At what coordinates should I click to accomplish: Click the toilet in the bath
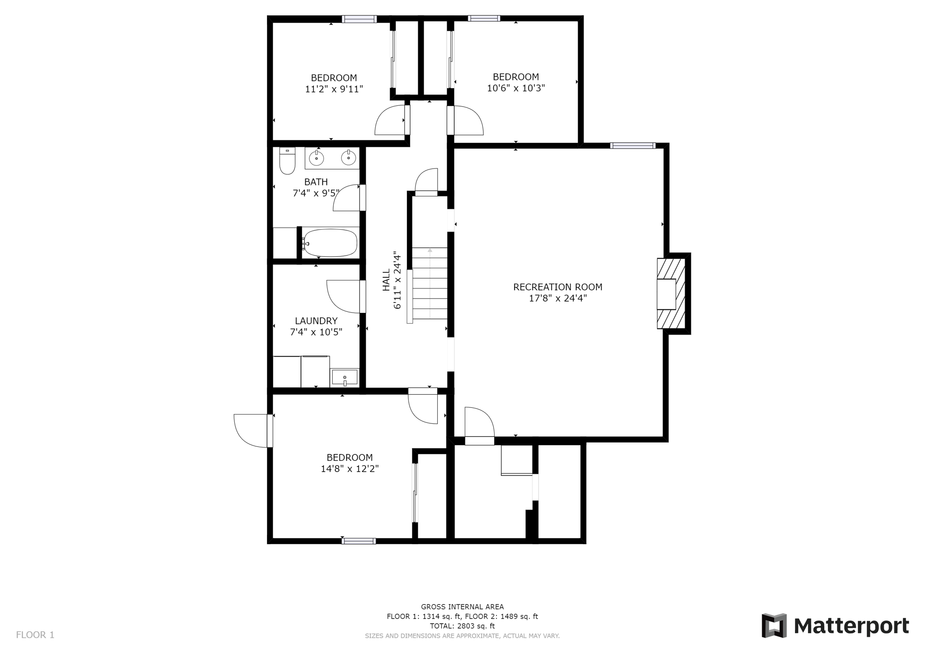pos(287,162)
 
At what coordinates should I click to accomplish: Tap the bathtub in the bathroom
pos(330,243)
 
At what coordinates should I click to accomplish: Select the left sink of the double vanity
pos(316,158)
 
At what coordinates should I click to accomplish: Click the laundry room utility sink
pos(345,377)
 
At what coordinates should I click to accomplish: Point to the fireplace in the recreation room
pos(672,294)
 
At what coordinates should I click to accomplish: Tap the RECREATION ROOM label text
pos(557,287)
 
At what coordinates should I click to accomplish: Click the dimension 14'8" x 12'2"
pos(350,469)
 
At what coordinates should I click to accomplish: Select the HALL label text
pos(386,280)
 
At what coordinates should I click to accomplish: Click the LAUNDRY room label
pos(316,321)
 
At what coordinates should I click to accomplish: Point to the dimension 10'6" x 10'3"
pos(515,88)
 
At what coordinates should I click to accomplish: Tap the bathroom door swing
pos(347,199)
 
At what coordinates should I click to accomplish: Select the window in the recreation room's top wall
pos(632,145)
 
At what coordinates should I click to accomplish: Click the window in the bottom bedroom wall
pos(359,541)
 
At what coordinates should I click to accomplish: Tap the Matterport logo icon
pos(774,626)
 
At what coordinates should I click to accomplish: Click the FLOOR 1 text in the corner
pos(35,635)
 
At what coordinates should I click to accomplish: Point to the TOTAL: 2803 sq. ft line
pos(462,626)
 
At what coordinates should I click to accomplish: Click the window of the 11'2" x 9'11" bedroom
pos(359,19)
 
